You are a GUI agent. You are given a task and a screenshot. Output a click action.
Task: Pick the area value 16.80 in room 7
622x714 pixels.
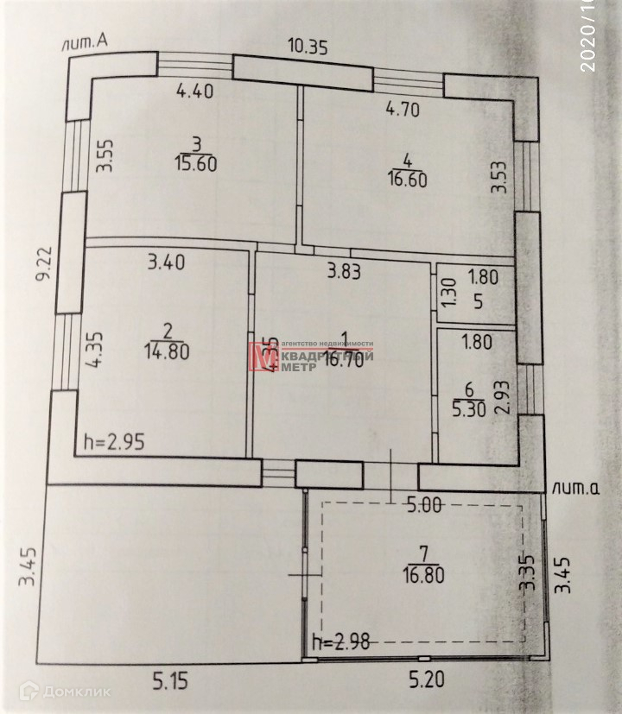coord(423,574)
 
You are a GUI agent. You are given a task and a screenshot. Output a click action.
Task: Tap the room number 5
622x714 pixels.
coord(476,303)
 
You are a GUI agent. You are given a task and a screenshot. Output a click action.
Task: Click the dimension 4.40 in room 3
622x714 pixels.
coord(195,90)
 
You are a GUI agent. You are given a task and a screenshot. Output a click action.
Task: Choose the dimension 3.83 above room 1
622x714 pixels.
coord(343,271)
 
